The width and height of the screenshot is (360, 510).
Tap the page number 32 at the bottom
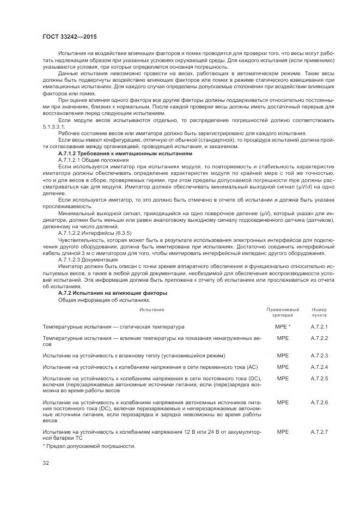pyautogui.click(x=46, y=463)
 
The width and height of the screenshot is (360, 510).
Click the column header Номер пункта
pyautogui.click(x=319, y=313)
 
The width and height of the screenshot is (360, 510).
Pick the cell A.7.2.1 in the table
pyautogui.click(x=319, y=326)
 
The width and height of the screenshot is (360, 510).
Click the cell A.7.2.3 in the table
pyautogui.click(x=319, y=355)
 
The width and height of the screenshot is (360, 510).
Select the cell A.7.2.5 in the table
pyautogui.click(x=319, y=379)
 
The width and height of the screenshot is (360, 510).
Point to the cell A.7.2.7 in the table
pyautogui.click(x=319, y=432)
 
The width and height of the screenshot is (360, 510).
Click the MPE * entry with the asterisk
pyautogui.click(x=283, y=326)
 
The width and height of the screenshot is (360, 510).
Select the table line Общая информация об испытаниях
pyautogui.click(x=103, y=300)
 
